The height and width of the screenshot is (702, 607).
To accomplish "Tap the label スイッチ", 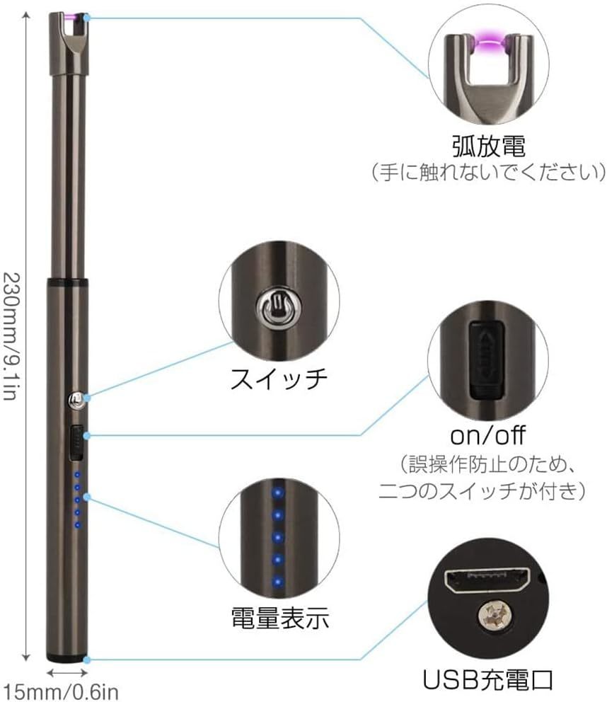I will pyautogui.click(x=278, y=379).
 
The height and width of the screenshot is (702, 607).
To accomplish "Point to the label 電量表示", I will pyautogui.click(x=280, y=618).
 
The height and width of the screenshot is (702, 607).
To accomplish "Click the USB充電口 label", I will pyautogui.click(x=487, y=681).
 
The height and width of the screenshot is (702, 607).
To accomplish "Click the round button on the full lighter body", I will pyautogui.click(x=74, y=401).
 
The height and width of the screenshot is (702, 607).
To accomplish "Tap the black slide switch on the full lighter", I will pyautogui.click(x=74, y=443).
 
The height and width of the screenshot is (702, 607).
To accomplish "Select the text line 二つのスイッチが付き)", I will pyautogui.click(x=481, y=490).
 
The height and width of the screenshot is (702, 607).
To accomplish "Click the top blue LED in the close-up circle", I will pyautogui.click(x=278, y=491).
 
